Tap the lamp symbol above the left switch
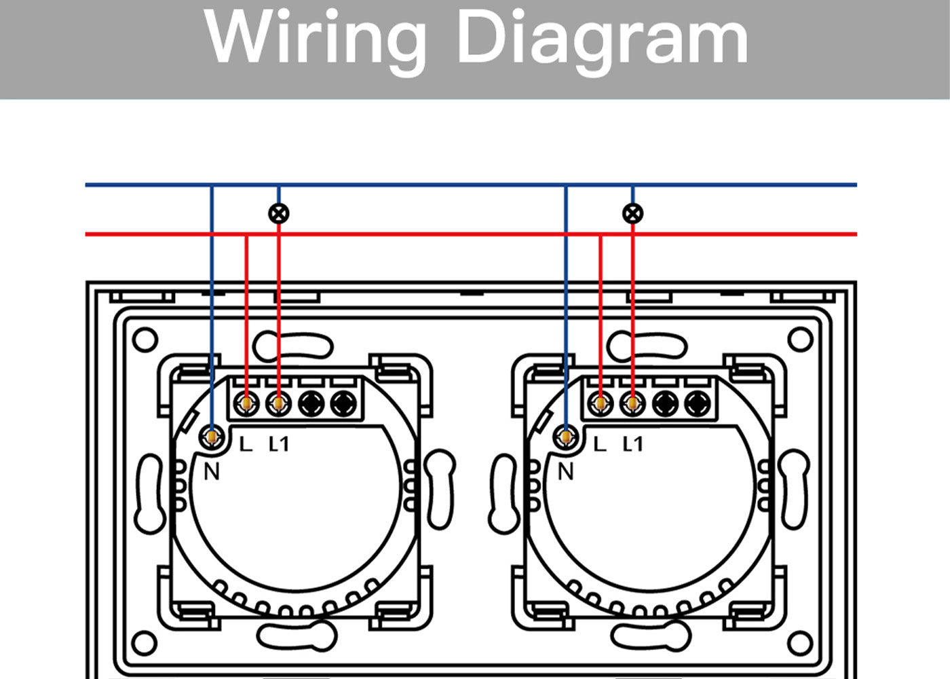(x=279, y=213)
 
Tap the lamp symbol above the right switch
(x=632, y=213)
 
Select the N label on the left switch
(x=212, y=471)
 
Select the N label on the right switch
(x=566, y=471)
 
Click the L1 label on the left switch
(x=279, y=444)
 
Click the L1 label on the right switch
(x=632, y=444)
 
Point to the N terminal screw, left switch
(x=212, y=437)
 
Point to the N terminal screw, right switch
(x=565, y=437)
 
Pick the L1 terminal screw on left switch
(x=278, y=403)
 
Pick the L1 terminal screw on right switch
(x=632, y=403)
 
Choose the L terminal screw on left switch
(x=246, y=403)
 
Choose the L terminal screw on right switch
(x=600, y=403)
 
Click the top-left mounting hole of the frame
(x=145, y=339)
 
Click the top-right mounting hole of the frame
(x=800, y=339)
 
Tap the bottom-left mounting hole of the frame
(x=144, y=643)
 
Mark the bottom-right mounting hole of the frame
(x=800, y=643)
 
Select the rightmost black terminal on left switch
(x=343, y=403)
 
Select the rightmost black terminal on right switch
(x=698, y=403)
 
